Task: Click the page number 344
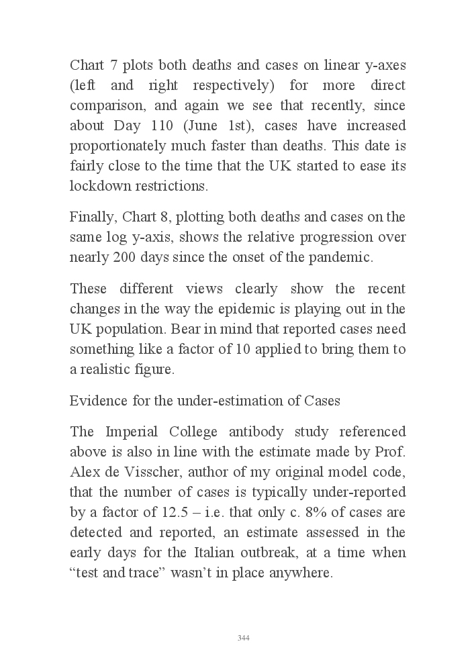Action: (244, 638)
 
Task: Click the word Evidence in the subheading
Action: (96, 401)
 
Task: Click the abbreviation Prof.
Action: (393, 452)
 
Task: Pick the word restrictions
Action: (174, 186)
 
